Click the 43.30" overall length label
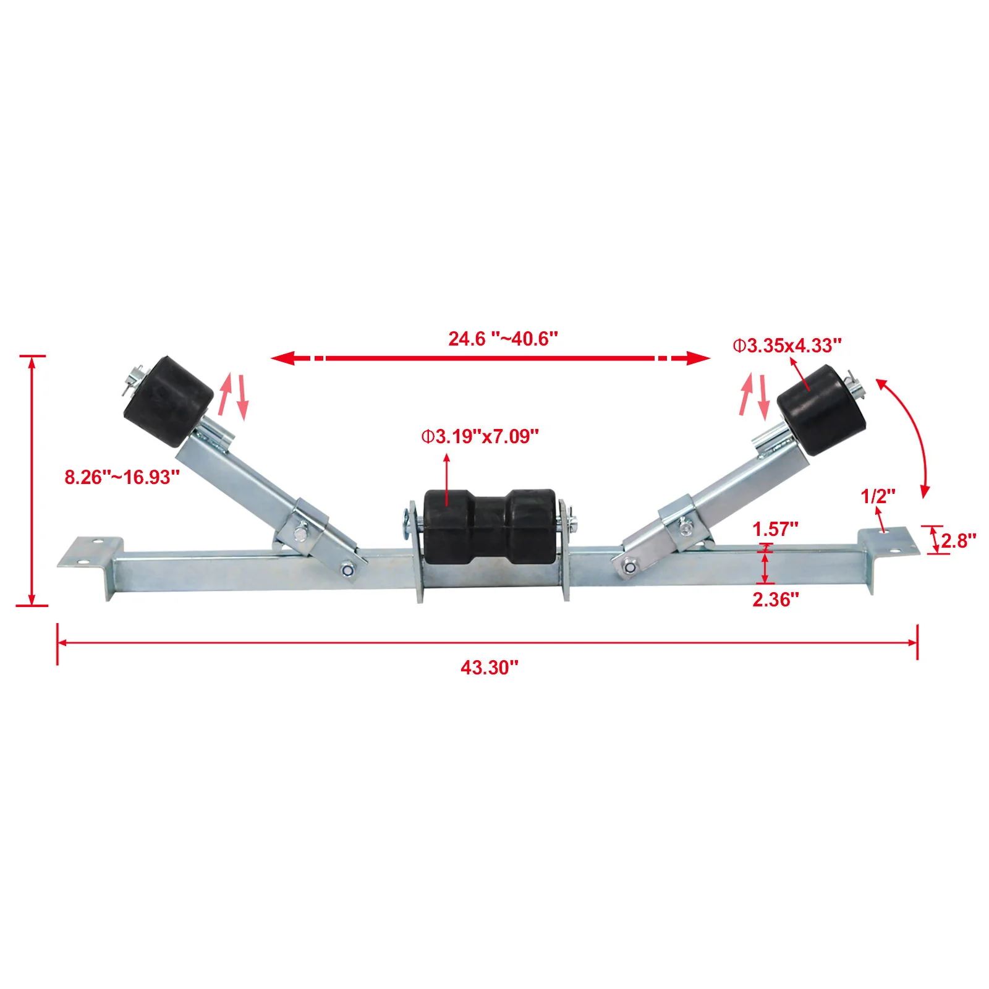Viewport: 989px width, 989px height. pos(489,668)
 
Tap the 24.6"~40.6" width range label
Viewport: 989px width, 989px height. pos(503,339)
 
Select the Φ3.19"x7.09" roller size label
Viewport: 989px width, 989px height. pos(480,436)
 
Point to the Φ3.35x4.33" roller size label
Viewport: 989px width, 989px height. pos(787,346)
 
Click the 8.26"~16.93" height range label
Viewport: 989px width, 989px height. pos(122,477)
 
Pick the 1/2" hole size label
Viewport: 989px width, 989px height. pos(878,496)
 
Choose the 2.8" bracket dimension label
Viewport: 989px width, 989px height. pos(958,541)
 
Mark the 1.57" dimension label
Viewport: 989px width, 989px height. pos(775,529)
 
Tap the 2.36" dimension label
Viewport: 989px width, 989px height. pos(775,599)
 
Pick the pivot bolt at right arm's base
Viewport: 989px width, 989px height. pos(629,566)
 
